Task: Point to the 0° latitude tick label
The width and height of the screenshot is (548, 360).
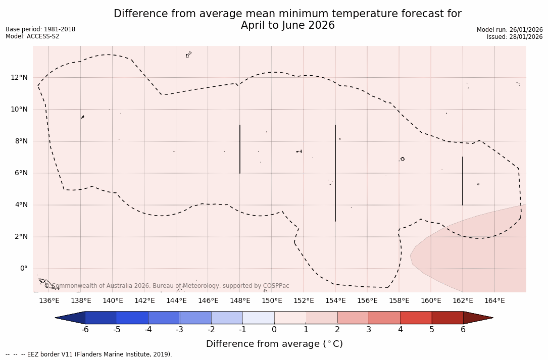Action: [23, 268]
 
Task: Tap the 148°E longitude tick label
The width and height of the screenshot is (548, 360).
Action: [240, 301]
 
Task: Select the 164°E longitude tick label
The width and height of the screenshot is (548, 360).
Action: [494, 301]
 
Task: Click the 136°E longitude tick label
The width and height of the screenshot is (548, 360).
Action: [49, 301]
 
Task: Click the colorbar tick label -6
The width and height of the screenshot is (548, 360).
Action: [85, 330]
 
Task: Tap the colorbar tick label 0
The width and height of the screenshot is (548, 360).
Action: [274, 330]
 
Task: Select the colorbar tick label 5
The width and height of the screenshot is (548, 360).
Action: [432, 330]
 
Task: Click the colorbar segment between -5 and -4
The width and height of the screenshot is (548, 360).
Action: [132, 318]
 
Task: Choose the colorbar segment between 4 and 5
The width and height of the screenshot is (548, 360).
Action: [416, 318]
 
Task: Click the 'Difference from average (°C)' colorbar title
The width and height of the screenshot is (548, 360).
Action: [274, 344]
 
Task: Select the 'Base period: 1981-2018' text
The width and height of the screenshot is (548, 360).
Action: [40, 29]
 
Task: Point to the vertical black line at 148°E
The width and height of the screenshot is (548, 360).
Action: [240, 149]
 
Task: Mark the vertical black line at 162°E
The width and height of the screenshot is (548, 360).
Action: [463, 181]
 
